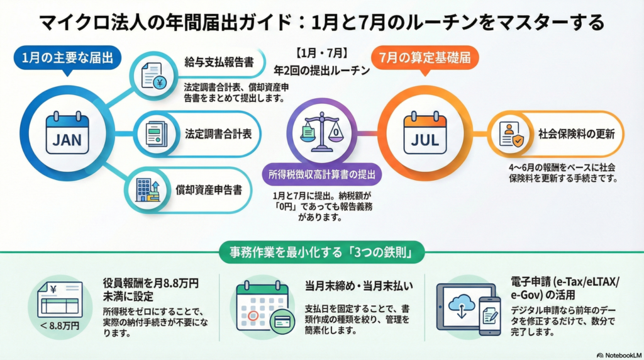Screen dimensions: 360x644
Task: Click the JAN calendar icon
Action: [x=67, y=133]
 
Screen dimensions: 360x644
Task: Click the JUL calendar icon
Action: [x=425, y=133]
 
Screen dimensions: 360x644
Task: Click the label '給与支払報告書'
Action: [x=215, y=62]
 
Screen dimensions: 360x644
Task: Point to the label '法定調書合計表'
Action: [x=215, y=133]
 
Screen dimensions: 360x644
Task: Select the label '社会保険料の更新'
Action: [x=572, y=133]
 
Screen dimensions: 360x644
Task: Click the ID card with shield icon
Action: [x=511, y=134]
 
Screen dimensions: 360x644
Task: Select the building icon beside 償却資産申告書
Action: [x=147, y=188]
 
